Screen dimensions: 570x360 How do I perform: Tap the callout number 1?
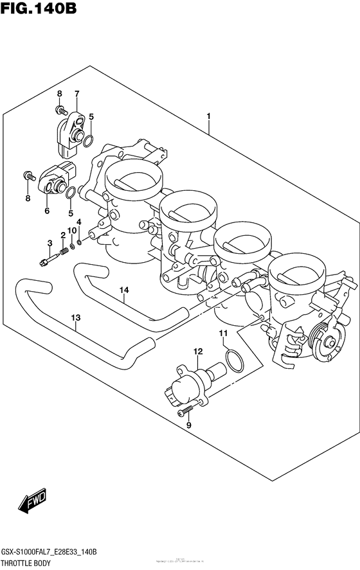(208, 116)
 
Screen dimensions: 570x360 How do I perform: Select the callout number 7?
(76, 94)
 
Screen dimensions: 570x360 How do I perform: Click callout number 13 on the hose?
(76, 317)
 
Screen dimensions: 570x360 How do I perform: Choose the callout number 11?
(223, 333)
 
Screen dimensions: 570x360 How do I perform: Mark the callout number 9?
(189, 425)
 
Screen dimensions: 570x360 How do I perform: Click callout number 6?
(47, 210)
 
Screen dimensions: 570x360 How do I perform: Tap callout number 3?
(49, 242)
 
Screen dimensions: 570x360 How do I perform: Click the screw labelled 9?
(186, 410)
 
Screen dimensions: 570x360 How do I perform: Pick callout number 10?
(71, 229)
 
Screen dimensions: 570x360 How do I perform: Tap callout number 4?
(80, 222)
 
